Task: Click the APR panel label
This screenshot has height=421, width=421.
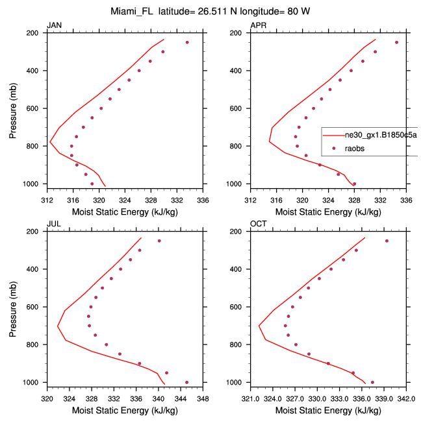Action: pos(258,25)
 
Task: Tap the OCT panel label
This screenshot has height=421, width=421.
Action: pos(259,224)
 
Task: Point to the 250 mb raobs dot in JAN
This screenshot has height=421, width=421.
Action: pos(187,43)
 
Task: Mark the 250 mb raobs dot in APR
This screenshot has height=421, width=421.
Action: pos(396,43)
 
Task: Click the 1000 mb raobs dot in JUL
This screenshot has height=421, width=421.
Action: pos(187,382)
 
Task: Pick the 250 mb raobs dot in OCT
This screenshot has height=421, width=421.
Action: pos(387,241)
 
